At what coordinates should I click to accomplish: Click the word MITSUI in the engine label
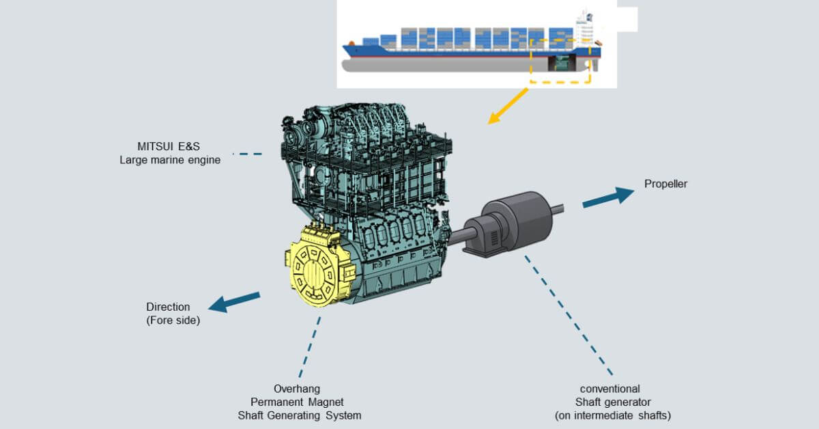(154, 146)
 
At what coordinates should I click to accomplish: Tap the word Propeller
(665, 184)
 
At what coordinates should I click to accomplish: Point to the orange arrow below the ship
(508, 107)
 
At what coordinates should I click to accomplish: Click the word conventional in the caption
(609, 389)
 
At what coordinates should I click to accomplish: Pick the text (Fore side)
(173, 320)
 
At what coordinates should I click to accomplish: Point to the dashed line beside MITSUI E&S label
(247, 154)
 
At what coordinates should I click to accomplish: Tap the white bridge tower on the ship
(584, 27)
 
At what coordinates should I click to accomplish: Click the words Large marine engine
(170, 160)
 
